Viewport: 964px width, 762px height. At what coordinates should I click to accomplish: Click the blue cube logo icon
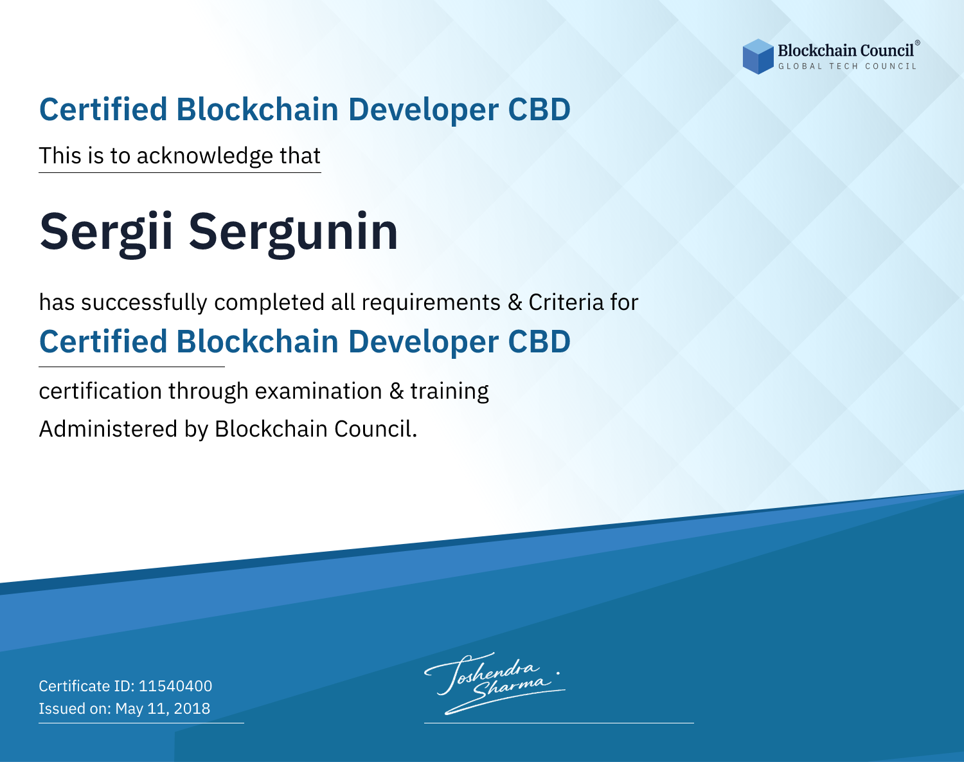[x=758, y=57]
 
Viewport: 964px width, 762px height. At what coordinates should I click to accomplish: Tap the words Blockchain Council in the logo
[x=846, y=51]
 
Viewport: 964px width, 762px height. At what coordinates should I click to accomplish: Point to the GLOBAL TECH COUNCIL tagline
[x=848, y=66]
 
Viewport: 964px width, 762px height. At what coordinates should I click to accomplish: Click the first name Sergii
[x=106, y=233]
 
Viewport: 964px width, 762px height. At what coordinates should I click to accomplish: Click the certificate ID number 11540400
[x=175, y=685]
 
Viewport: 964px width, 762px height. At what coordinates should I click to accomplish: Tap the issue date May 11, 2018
[x=163, y=708]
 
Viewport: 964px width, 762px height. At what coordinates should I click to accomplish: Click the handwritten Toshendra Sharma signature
[x=495, y=683]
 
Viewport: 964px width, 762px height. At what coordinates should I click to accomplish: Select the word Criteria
[x=566, y=302]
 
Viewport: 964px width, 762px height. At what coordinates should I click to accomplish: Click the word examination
[x=319, y=391]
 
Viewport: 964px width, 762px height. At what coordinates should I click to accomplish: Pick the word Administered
[x=109, y=428]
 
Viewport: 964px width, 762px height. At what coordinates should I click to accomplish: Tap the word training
[x=449, y=392]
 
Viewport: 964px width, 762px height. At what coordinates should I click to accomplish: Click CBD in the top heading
[x=539, y=109]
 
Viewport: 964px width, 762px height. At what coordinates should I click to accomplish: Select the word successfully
[x=144, y=303]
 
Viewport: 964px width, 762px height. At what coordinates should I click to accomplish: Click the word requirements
[x=431, y=303]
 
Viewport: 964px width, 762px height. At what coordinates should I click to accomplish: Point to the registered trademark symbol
[x=918, y=42]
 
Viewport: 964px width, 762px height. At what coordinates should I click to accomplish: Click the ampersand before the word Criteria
[x=515, y=302]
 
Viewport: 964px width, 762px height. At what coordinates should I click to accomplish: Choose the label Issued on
[x=75, y=708]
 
